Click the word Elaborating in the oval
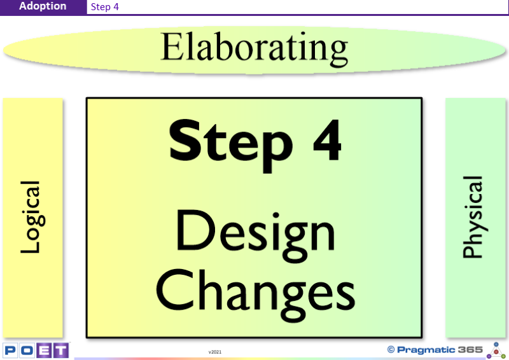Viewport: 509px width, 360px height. [x=254, y=49]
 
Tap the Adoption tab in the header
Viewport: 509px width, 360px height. [x=43, y=6]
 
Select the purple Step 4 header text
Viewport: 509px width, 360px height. [x=104, y=7]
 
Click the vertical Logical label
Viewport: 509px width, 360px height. [x=32, y=217]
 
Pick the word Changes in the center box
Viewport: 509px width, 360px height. [x=256, y=294]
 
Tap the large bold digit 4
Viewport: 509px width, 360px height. [x=327, y=140]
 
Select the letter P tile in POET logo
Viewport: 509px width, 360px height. [x=10, y=350]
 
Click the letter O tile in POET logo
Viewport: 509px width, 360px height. [x=27, y=350]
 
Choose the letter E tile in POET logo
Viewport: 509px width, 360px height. [x=44, y=350]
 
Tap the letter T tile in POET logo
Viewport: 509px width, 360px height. [x=60, y=350]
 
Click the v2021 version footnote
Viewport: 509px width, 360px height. [x=215, y=352]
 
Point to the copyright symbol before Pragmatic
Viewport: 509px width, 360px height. [x=391, y=350]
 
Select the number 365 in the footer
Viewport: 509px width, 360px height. [x=470, y=350]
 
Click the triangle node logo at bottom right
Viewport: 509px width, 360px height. [x=496, y=350]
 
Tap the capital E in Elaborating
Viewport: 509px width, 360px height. [x=171, y=46]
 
